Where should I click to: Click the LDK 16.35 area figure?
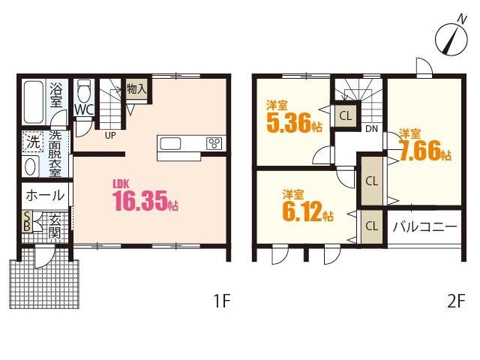pyautogui.click(x=145, y=200)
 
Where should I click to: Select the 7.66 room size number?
pyautogui.click(x=425, y=151)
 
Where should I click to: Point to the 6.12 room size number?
pyautogui.click(x=308, y=211)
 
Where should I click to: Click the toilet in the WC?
pyautogui.click(x=84, y=91)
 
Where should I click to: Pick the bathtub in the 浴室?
pyautogui.click(x=33, y=102)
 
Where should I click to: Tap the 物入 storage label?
pyautogui.click(x=136, y=89)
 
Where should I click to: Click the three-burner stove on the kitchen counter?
pyautogui.click(x=214, y=143)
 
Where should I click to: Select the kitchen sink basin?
pyautogui.click(x=170, y=143)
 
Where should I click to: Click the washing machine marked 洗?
pyautogui.click(x=33, y=142)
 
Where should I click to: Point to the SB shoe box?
pyautogui.click(x=27, y=221)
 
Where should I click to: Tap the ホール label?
pyautogui.click(x=45, y=195)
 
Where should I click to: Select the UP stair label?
pyautogui.click(x=110, y=136)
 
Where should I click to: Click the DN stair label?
pyautogui.click(x=372, y=129)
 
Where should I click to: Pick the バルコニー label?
pyautogui.click(x=425, y=226)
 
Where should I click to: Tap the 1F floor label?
pyautogui.click(x=222, y=301)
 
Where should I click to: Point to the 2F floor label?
pyautogui.click(x=456, y=301)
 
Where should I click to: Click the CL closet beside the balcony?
pyautogui.click(x=372, y=226)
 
